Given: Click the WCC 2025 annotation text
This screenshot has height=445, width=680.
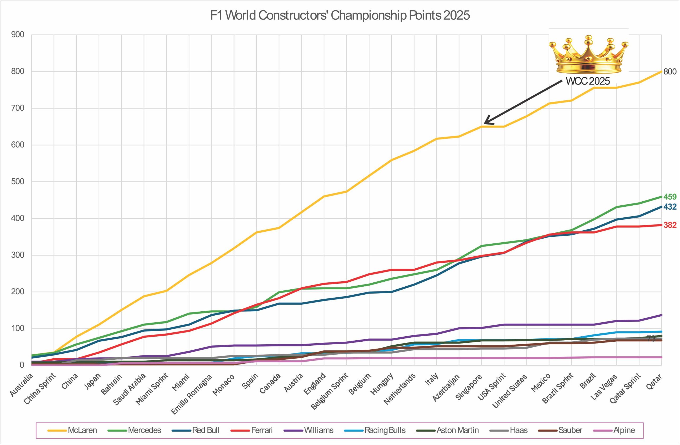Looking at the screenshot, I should pyautogui.click(x=588, y=82).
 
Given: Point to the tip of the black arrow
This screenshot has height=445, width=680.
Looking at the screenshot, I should pyautogui.click(x=484, y=124).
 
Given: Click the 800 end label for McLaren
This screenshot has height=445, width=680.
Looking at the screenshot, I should pyautogui.click(x=670, y=72).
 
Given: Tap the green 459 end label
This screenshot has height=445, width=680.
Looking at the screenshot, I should pyautogui.click(x=670, y=197).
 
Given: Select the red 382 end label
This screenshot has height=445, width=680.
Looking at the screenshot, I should pyautogui.click(x=670, y=225).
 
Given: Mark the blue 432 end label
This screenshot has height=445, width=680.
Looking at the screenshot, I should pyautogui.click(x=670, y=207).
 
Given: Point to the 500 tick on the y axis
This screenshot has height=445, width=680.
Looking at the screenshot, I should pyautogui.click(x=18, y=182).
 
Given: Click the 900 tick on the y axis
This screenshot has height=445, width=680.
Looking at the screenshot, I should pyautogui.click(x=18, y=35).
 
